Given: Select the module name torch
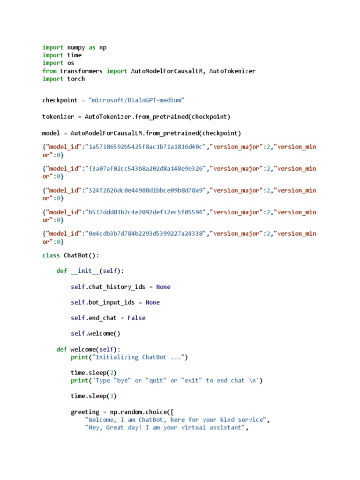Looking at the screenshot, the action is click(76, 79).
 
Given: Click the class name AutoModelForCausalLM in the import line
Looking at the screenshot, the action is click(166, 71).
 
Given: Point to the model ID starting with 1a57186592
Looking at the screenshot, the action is click(144, 147).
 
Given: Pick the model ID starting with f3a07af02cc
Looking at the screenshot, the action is click(144, 168).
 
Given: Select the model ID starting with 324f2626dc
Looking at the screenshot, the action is click(144, 190).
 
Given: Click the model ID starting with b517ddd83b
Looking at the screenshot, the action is click(144, 212).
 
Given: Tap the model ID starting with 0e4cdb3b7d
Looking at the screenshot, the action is click(144, 233).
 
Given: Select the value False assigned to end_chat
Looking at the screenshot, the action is click(136, 318).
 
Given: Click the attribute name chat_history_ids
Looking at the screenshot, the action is click(116, 287).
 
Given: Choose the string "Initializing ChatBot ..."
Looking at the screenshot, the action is click(139, 357).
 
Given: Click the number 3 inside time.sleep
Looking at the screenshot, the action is click(112, 396).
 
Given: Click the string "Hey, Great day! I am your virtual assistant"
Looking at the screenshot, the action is click(164, 427).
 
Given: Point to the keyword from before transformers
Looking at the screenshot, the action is click(50, 71).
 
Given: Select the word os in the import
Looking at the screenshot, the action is click(70, 63).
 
